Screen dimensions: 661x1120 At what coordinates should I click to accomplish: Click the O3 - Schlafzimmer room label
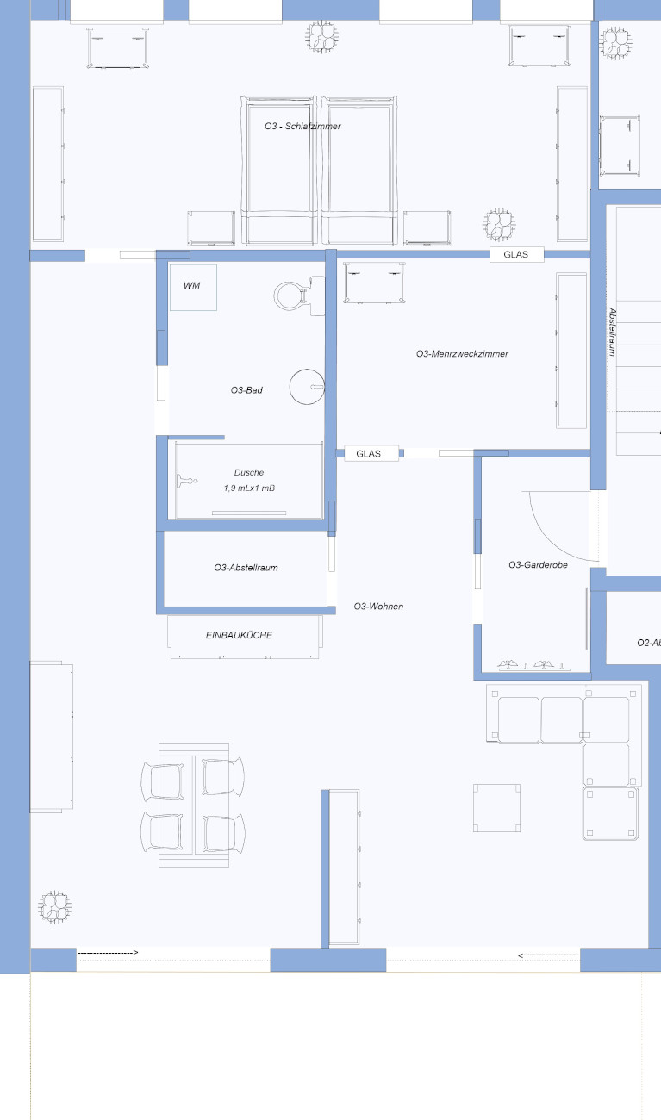[x=302, y=126]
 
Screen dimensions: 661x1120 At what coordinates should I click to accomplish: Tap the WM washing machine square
[x=193, y=288]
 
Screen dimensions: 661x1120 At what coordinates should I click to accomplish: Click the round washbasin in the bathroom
[x=307, y=387]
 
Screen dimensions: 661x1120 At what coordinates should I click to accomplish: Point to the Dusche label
[x=249, y=472]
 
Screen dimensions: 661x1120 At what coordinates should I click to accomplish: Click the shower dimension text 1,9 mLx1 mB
[x=249, y=488]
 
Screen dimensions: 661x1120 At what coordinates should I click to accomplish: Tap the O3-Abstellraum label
[x=246, y=568]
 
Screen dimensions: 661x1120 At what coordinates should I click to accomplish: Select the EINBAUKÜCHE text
[x=239, y=635]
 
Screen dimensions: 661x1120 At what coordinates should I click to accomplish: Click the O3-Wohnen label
[x=378, y=607]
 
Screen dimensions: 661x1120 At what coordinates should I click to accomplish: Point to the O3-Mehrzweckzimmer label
[x=462, y=354]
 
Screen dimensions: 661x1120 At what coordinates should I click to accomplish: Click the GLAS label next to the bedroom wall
[x=516, y=254]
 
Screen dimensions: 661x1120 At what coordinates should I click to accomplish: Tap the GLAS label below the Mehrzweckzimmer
[x=369, y=453]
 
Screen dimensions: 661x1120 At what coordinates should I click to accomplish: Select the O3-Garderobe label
[x=538, y=565]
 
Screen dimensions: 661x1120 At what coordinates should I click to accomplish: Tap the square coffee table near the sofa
[x=497, y=808]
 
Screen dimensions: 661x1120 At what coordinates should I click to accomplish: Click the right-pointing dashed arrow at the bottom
[x=108, y=953]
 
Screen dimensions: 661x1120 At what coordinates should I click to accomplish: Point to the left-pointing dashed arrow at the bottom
[x=548, y=955]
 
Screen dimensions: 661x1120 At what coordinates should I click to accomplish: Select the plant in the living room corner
[x=54, y=907]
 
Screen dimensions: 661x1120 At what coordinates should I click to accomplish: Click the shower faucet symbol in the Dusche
[x=187, y=481]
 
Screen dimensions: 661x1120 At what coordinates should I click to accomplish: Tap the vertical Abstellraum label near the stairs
[x=613, y=332]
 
